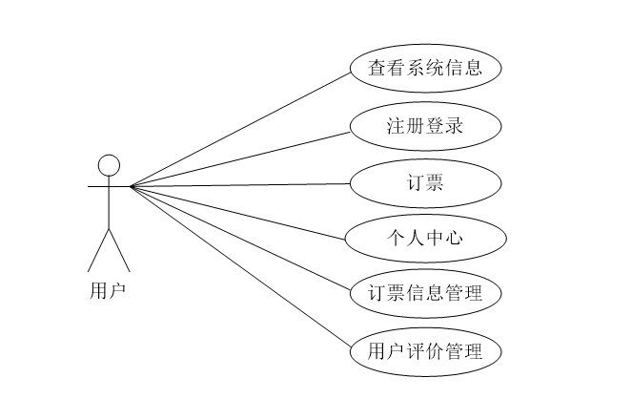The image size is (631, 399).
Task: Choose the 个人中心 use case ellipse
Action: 424,237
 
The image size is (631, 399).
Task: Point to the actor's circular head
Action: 110,164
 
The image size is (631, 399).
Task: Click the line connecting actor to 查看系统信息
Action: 238,128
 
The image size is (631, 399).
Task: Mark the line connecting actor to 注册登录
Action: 238,157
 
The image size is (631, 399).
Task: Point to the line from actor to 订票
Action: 238,185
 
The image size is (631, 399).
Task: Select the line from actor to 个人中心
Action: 238,212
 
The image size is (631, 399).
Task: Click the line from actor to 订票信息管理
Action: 238,239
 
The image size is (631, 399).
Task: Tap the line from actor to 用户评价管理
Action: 238,265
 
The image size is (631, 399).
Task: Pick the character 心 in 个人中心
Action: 456,237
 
